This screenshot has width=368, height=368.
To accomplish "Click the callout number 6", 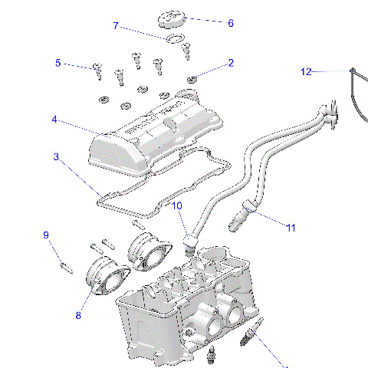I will (230, 23).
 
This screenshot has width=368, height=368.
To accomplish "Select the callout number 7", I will (117, 26).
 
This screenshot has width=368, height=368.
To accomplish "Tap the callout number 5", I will (57, 63).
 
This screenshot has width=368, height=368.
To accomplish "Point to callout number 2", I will (231, 63).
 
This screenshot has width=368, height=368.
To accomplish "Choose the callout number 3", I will (57, 157).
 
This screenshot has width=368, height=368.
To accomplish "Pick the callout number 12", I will (306, 72).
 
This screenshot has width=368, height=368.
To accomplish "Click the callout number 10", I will (176, 206).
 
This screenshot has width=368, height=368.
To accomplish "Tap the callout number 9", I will (45, 235).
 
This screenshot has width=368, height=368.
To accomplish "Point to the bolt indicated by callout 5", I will (97, 71).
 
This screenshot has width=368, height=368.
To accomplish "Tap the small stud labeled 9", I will (65, 267).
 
